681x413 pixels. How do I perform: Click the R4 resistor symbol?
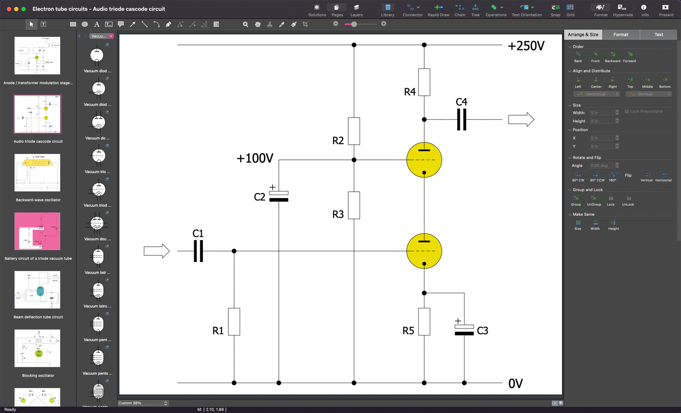pos(424,82)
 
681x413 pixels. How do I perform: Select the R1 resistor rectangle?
pos(234,321)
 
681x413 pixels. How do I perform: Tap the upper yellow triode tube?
pos(424,160)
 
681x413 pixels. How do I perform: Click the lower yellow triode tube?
pos(424,251)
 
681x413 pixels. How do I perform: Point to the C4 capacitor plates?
pos(461,120)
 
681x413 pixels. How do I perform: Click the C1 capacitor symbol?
pos(198,251)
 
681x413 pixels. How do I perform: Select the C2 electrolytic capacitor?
pos(279,195)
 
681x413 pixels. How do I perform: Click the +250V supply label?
pos(526,46)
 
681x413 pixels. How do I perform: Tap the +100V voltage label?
pos(255,158)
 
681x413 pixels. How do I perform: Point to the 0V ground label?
pos(515,384)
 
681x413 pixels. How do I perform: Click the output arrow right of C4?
pos(521,120)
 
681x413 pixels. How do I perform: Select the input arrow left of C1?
pos(157,251)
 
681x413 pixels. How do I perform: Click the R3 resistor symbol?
pos(354,205)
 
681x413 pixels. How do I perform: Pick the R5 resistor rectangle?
pos(424,321)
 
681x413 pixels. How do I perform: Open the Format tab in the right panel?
pos(621,34)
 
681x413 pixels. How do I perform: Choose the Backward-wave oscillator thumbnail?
pos(37,172)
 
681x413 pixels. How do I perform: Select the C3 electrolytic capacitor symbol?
pos(464,329)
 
